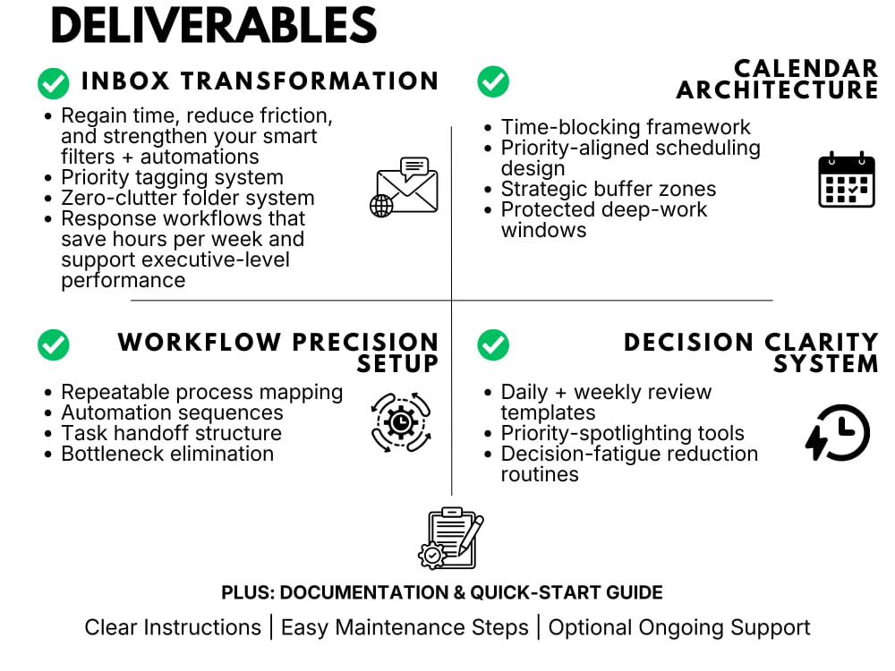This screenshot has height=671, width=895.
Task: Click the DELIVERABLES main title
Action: pos(214,26)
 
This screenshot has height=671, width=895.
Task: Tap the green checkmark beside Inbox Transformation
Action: pos(54,83)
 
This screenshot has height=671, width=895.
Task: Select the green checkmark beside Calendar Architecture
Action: pos(493,81)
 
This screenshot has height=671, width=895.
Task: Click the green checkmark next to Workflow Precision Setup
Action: pos(54,344)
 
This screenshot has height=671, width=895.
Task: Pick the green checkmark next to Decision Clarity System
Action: pos(493,344)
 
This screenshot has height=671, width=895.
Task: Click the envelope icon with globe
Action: pos(405,187)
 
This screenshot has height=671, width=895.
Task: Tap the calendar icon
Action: pos(847,180)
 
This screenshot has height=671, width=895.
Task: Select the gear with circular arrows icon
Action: pos(401,422)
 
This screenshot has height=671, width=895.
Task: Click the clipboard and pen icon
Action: pos(451,538)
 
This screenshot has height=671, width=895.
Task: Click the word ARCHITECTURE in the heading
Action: pos(778,90)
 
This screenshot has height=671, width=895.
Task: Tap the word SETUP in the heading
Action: pos(398,363)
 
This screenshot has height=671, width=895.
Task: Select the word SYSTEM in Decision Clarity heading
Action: pos(826,363)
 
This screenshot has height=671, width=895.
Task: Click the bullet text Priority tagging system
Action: pos(173,177)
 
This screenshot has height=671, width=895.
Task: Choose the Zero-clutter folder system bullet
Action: pos(188,198)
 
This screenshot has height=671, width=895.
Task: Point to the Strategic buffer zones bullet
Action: pos(609,189)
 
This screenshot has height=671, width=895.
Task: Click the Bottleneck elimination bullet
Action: pos(168,454)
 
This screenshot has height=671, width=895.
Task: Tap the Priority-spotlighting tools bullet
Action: pos(623,433)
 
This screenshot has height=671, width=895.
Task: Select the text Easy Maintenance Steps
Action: pos(405,627)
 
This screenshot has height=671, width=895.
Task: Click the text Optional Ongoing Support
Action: pos(679,627)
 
